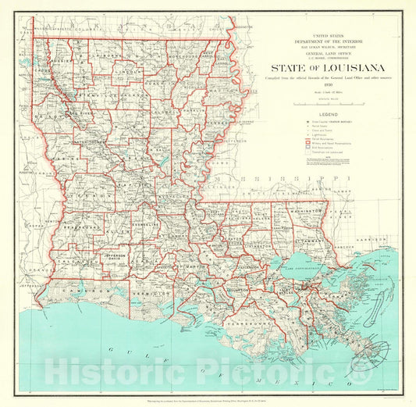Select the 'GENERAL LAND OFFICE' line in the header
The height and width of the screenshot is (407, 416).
coord(321,52)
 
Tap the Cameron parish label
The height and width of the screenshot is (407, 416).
coord(78,289)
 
